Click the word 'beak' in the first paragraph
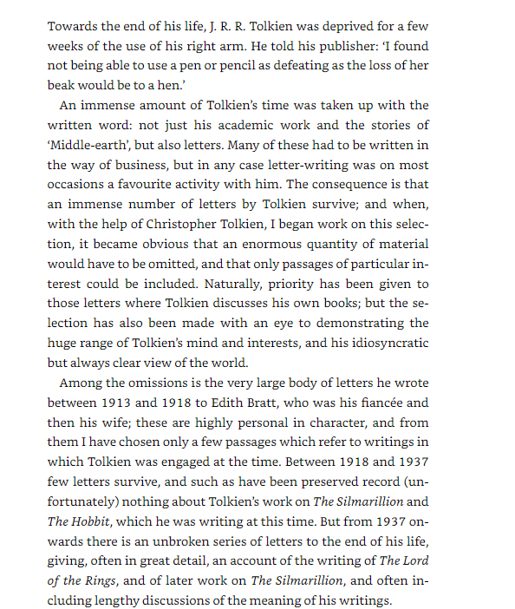(x=62, y=85)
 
